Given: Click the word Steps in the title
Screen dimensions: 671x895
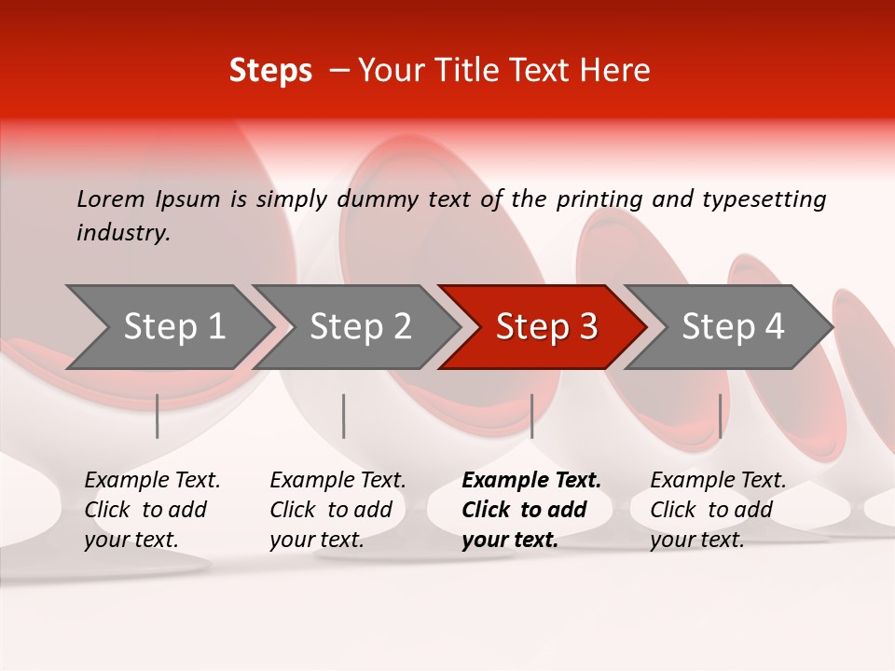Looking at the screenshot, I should tap(270, 71).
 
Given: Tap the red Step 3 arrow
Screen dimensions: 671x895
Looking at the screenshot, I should tap(546, 327).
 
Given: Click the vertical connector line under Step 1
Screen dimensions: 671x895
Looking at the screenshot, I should tap(158, 416).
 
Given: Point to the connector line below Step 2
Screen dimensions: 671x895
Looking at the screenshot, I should tap(344, 416).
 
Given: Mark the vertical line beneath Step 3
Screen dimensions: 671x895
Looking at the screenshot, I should tap(531, 416).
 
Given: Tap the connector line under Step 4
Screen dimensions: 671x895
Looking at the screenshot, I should tap(720, 416).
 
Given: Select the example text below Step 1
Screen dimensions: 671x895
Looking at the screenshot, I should tap(152, 510).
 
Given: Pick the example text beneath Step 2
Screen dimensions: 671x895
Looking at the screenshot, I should tap(337, 510).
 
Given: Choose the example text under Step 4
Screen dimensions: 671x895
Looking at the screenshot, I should tap(718, 510).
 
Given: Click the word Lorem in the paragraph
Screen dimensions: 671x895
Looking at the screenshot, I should tap(111, 199).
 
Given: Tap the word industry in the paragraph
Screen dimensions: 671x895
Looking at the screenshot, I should tap(123, 232).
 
